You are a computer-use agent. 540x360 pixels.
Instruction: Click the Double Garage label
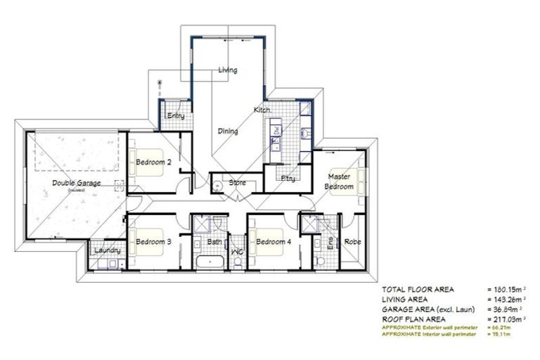76,183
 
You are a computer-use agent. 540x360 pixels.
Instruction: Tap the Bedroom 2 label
154,161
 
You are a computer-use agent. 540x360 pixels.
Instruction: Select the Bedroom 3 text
154,242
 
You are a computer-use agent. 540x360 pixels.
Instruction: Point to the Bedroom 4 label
273,242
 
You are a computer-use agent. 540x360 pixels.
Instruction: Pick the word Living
228,70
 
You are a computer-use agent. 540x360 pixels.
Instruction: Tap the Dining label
228,131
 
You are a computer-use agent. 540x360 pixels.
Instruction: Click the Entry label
174,116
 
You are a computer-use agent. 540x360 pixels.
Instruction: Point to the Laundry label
108,250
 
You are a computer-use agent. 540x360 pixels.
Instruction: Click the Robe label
352,242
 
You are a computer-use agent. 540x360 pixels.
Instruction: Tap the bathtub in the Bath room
210,264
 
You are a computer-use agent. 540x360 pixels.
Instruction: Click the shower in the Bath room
205,224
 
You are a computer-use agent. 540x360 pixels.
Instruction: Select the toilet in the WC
238,263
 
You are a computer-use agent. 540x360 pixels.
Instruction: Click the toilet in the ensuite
321,262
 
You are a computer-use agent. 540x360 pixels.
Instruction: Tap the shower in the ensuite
309,224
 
